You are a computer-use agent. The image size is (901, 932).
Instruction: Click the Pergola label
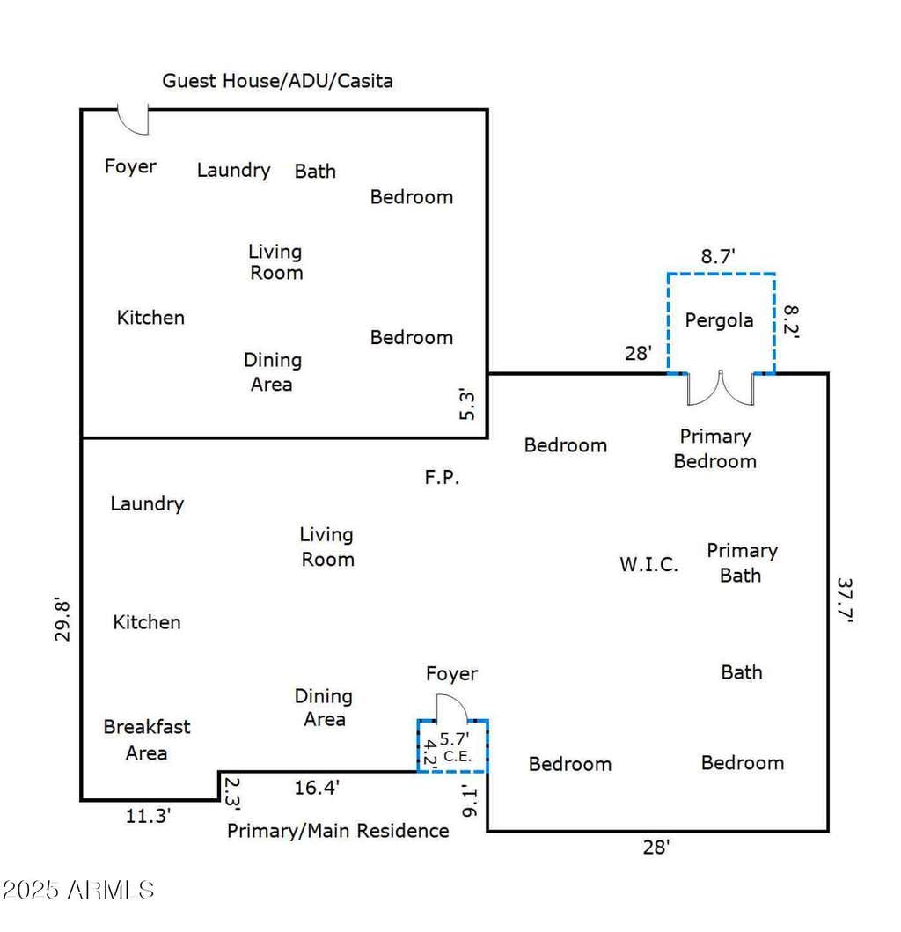[x=719, y=320]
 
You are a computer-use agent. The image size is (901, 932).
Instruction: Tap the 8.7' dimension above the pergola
[x=718, y=256]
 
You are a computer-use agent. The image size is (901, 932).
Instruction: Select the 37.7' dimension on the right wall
[x=846, y=599]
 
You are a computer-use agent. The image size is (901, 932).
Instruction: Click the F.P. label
[x=442, y=477]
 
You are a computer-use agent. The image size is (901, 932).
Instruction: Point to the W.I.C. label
[x=648, y=564]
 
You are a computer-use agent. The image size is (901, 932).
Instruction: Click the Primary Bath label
[x=742, y=563]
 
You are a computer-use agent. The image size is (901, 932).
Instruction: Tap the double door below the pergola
[x=721, y=389]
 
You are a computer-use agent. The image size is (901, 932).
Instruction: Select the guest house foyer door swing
[x=133, y=121]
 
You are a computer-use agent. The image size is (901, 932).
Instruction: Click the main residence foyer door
[x=452, y=708]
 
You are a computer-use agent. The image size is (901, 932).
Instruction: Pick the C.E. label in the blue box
[x=457, y=756]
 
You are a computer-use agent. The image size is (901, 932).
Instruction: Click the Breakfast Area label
[x=147, y=740]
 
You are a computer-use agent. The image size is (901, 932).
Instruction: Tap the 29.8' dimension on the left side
[x=62, y=620]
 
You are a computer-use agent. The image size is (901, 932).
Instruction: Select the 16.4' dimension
[x=317, y=788]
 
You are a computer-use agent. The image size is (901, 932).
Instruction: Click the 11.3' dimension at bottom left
[x=148, y=816]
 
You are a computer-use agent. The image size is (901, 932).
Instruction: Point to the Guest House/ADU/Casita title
[x=277, y=81]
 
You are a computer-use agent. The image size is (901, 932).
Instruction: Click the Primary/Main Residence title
[x=338, y=831]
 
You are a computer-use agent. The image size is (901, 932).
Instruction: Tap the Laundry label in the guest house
[x=233, y=171]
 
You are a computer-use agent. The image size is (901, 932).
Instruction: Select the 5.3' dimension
[x=467, y=405]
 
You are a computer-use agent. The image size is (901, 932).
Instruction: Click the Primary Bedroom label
[x=715, y=449]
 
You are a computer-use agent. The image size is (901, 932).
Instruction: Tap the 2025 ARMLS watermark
[x=77, y=890]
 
